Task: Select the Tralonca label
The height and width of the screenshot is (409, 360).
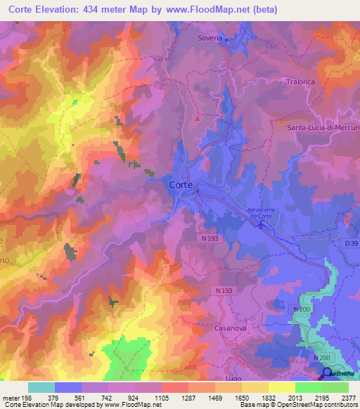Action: pos(301,82)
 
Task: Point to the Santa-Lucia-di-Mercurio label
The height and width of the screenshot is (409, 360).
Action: pos(323,127)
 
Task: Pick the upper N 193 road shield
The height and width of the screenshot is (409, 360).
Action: pos(212,239)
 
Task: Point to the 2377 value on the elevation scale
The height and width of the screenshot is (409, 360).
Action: pos(348,398)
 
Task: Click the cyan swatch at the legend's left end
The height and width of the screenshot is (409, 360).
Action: pos(41,387)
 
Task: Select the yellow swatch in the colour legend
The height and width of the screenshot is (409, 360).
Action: pos(282,387)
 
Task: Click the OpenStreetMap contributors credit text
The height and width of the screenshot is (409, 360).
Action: pos(318,405)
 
